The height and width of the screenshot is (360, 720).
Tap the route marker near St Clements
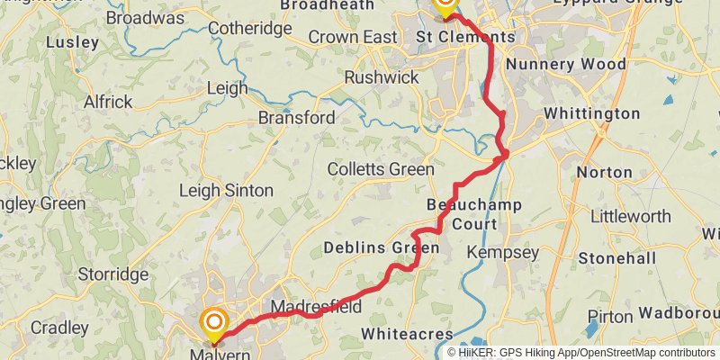click(445, 6)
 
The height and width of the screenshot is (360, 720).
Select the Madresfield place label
click(316, 307)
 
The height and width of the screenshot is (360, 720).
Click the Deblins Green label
click(381, 247)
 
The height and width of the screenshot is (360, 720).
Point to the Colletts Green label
click(381, 169)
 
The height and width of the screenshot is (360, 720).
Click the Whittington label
click(591, 114)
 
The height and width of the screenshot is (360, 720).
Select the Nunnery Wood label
click(566, 65)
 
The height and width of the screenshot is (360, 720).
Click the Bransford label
click(296, 118)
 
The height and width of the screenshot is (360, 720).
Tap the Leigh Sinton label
click(226, 191)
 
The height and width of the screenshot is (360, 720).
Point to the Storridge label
click(113, 274)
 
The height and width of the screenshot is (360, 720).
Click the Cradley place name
click(58, 328)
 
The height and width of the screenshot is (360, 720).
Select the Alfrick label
click(108, 103)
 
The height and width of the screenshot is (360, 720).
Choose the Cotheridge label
click(250, 29)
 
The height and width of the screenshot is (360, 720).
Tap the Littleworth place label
click(631, 217)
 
